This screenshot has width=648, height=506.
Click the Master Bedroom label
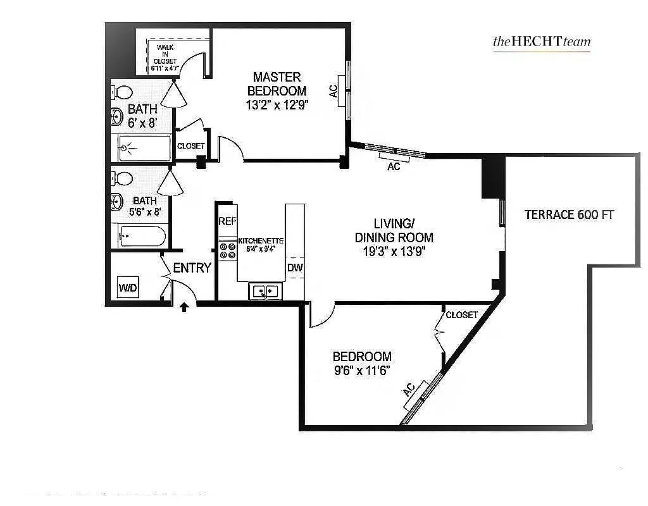tap(277, 83)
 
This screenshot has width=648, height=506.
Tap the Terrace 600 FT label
tap(569, 214)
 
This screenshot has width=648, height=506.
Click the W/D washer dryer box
tap(128, 288)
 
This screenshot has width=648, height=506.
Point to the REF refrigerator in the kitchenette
tap(227, 221)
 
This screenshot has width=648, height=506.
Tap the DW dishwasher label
tap(295, 268)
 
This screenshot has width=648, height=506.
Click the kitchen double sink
tap(266, 291)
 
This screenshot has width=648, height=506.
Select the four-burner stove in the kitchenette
tap(227, 251)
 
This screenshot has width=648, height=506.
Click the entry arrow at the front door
tap(185, 307)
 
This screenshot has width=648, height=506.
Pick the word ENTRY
tap(192, 268)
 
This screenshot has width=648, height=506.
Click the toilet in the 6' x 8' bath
tap(122, 92)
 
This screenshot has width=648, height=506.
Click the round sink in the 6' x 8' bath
tap(117, 116)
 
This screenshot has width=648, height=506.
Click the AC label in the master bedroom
tap(333, 91)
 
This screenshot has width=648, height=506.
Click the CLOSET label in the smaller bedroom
tap(461, 315)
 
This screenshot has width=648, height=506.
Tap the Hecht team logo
tap(541, 42)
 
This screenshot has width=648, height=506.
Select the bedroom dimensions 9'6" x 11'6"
tap(362, 371)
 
